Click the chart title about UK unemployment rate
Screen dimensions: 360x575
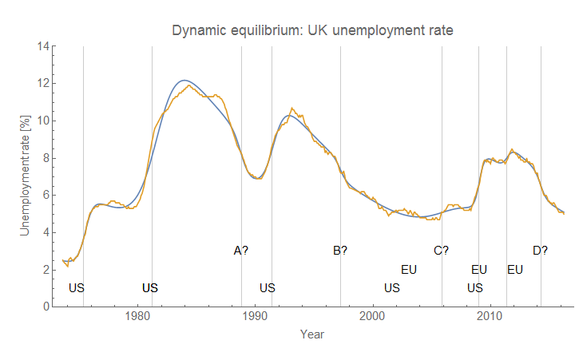tap(312, 31)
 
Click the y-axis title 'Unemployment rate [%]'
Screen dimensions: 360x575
tap(25, 176)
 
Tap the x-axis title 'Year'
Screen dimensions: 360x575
tap(311, 334)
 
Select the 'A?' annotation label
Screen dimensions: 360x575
tap(240, 251)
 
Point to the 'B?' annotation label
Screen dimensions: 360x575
tap(340, 251)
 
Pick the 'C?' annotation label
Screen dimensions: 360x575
tap(441, 251)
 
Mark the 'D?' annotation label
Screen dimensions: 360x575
tap(540, 251)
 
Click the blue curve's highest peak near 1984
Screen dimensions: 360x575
tap(184, 80)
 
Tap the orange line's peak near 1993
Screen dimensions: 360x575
tap(292, 108)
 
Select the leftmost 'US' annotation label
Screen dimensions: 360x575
tap(77, 287)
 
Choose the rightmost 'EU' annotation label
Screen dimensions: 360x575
tap(515, 270)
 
